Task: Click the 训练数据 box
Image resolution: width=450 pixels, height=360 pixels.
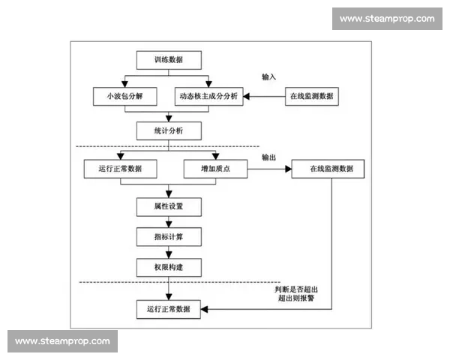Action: click(169, 58)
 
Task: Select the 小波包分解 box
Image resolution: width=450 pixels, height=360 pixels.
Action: click(119, 97)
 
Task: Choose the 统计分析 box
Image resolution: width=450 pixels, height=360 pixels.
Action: click(169, 130)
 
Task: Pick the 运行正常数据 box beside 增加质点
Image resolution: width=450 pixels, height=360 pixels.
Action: click(119, 169)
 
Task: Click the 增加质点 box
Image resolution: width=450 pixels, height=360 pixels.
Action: click(216, 169)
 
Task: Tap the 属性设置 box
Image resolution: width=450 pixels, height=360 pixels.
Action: click(169, 205)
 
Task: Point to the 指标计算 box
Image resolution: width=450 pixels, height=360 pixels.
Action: click(169, 237)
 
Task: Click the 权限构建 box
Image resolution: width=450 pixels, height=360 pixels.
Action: click(169, 266)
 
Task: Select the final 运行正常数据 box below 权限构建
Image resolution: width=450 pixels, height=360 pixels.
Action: click(169, 308)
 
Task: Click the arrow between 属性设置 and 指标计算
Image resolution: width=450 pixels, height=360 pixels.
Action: click(169, 221)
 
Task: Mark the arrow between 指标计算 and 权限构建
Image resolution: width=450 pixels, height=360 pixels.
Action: click(169, 252)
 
